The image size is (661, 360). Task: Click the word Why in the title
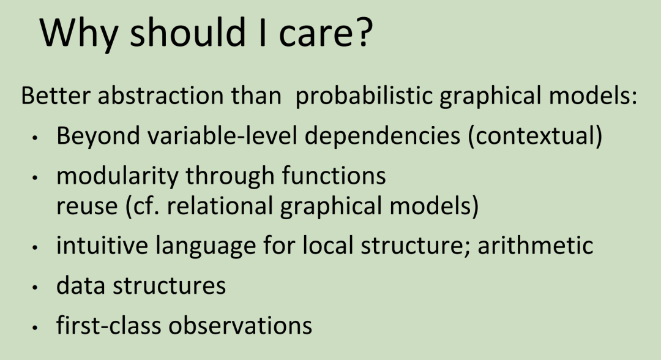[78, 34]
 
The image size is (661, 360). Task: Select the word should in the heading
[188, 32]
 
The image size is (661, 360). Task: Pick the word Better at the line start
[56, 96]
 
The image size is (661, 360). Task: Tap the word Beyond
[98, 136]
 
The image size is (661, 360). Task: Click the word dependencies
[383, 136]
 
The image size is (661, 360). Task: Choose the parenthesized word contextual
[535, 136]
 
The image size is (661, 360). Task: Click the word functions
[334, 175]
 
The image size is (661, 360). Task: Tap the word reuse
[87, 206]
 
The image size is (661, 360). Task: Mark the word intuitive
[102, 245]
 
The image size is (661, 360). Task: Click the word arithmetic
[536, 245]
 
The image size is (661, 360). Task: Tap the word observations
[241, 326]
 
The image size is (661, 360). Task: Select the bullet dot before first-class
[35, 328]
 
